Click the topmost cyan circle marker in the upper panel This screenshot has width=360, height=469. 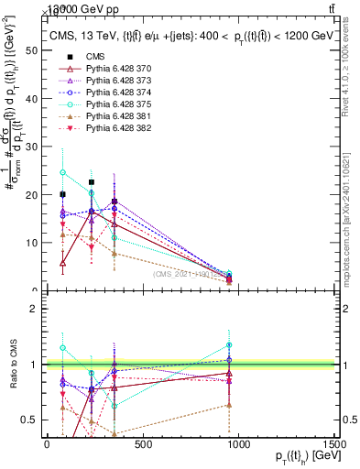pos(62,172)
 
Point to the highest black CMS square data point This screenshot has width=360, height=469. pos(92,182)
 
